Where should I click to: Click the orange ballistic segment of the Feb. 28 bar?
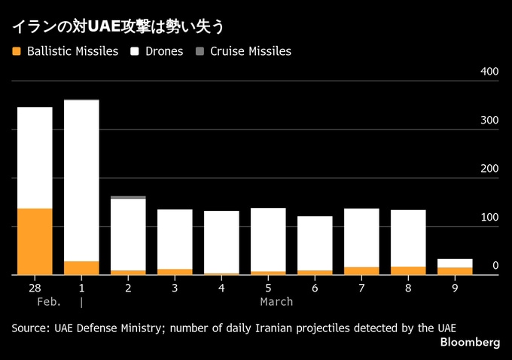(x=35, y=241)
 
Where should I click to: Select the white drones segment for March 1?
(x=81, y=181)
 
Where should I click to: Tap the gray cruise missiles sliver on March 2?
(x=128, y=197)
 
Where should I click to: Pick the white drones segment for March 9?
(x=455, y=263)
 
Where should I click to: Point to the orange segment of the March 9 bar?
(x=455, y=271)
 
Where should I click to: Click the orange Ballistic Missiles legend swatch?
(x=17, y=52)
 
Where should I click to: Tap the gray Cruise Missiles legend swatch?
(x=200, y=52)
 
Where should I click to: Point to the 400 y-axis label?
(x=489, y=72)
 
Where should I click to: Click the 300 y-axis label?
(x=489, y=121)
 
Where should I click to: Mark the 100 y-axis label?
(x=489, y=218)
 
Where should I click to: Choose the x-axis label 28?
(x=35, y=288)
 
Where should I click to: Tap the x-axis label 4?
(x=221, y=288)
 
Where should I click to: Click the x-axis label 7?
(x=361, y=288)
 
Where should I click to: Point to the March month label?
(x=276, y=302)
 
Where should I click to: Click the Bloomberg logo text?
(x=470, y=343)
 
